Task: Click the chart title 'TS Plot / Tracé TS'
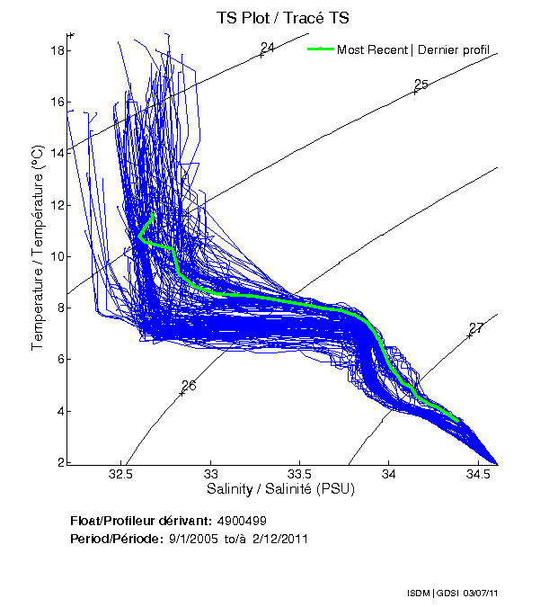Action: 283,17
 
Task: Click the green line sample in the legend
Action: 321,49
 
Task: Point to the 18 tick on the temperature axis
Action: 58,50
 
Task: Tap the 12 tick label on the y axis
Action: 58,205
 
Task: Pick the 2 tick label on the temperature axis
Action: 61,462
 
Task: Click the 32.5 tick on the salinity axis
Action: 123,474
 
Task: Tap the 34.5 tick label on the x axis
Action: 477,474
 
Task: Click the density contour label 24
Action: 268,47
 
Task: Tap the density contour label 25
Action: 421,85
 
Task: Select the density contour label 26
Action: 189,385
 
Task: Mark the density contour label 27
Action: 476,328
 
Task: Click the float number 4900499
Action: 241,521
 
